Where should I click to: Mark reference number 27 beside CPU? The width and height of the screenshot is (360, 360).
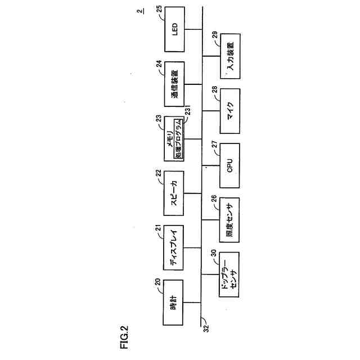click(214, 145)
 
